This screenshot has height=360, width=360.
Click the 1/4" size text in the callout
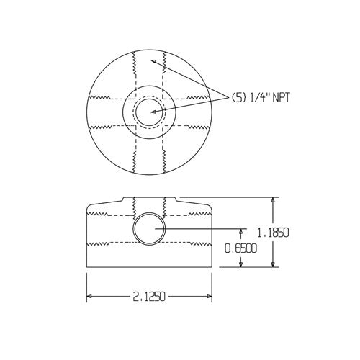coord(260,98)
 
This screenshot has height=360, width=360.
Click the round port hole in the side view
coord(150,229)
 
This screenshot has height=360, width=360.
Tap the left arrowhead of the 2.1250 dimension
coord(89,296)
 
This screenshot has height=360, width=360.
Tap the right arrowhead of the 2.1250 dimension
coord(212,296)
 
